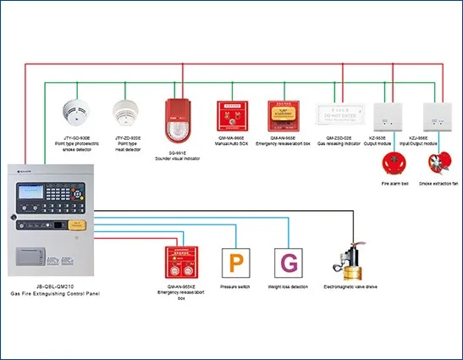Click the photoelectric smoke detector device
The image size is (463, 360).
(x=79, y=110)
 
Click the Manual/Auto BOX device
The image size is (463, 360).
(x=232, y=114)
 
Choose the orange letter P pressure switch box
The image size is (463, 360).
(x=234, y=263)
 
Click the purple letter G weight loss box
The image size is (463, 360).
(x=289, y=263)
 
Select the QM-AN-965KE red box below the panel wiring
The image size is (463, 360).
(x=180, y=263)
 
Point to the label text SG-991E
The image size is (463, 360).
(x=175, y=151)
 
